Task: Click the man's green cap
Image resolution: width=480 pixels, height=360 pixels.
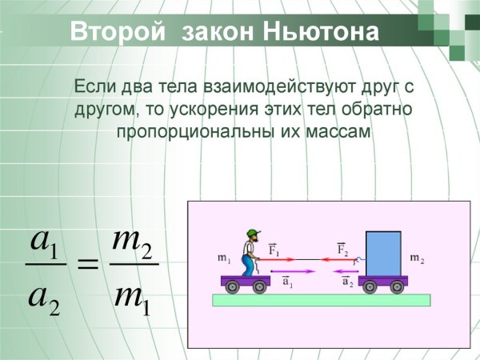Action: [x=253, y=233]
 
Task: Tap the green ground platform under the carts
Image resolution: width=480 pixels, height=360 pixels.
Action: [x=321, y=300]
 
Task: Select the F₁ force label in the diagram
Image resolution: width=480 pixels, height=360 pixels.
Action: [x=274, y=249]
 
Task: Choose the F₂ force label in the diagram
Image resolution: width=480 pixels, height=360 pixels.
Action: [x=342, y=249]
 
